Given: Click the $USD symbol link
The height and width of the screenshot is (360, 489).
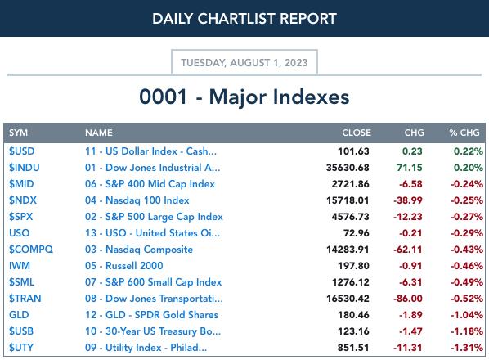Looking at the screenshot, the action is (21, 151).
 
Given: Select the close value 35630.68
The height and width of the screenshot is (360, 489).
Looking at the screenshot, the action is (348, 168).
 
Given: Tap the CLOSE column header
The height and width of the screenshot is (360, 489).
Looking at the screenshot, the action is (357, 133).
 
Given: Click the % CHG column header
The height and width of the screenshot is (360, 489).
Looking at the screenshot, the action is (464, 133).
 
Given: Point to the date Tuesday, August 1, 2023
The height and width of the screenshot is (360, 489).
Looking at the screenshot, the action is (244, 63).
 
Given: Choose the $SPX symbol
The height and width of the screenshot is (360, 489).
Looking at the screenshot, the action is (20, 217).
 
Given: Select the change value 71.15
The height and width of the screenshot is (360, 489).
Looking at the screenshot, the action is (410, 168).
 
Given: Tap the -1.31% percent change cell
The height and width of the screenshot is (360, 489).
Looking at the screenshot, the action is (467, 348).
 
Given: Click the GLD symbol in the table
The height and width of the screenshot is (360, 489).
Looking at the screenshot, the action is (19, 315).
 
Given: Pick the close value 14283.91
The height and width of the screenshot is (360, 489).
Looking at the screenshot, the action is (348, 250).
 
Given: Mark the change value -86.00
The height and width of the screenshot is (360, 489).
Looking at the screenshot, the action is (408, 299).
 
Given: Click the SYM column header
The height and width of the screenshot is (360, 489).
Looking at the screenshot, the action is (19, 133).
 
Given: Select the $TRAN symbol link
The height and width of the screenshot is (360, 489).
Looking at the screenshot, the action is (25, 299).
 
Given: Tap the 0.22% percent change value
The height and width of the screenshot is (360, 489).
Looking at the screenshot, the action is (469, 151).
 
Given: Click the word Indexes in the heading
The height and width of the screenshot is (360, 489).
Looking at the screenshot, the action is (312, 97).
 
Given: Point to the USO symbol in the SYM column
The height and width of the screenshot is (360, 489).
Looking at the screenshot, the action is (19, 233).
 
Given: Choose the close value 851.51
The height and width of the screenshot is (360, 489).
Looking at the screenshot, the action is (353, 348).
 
